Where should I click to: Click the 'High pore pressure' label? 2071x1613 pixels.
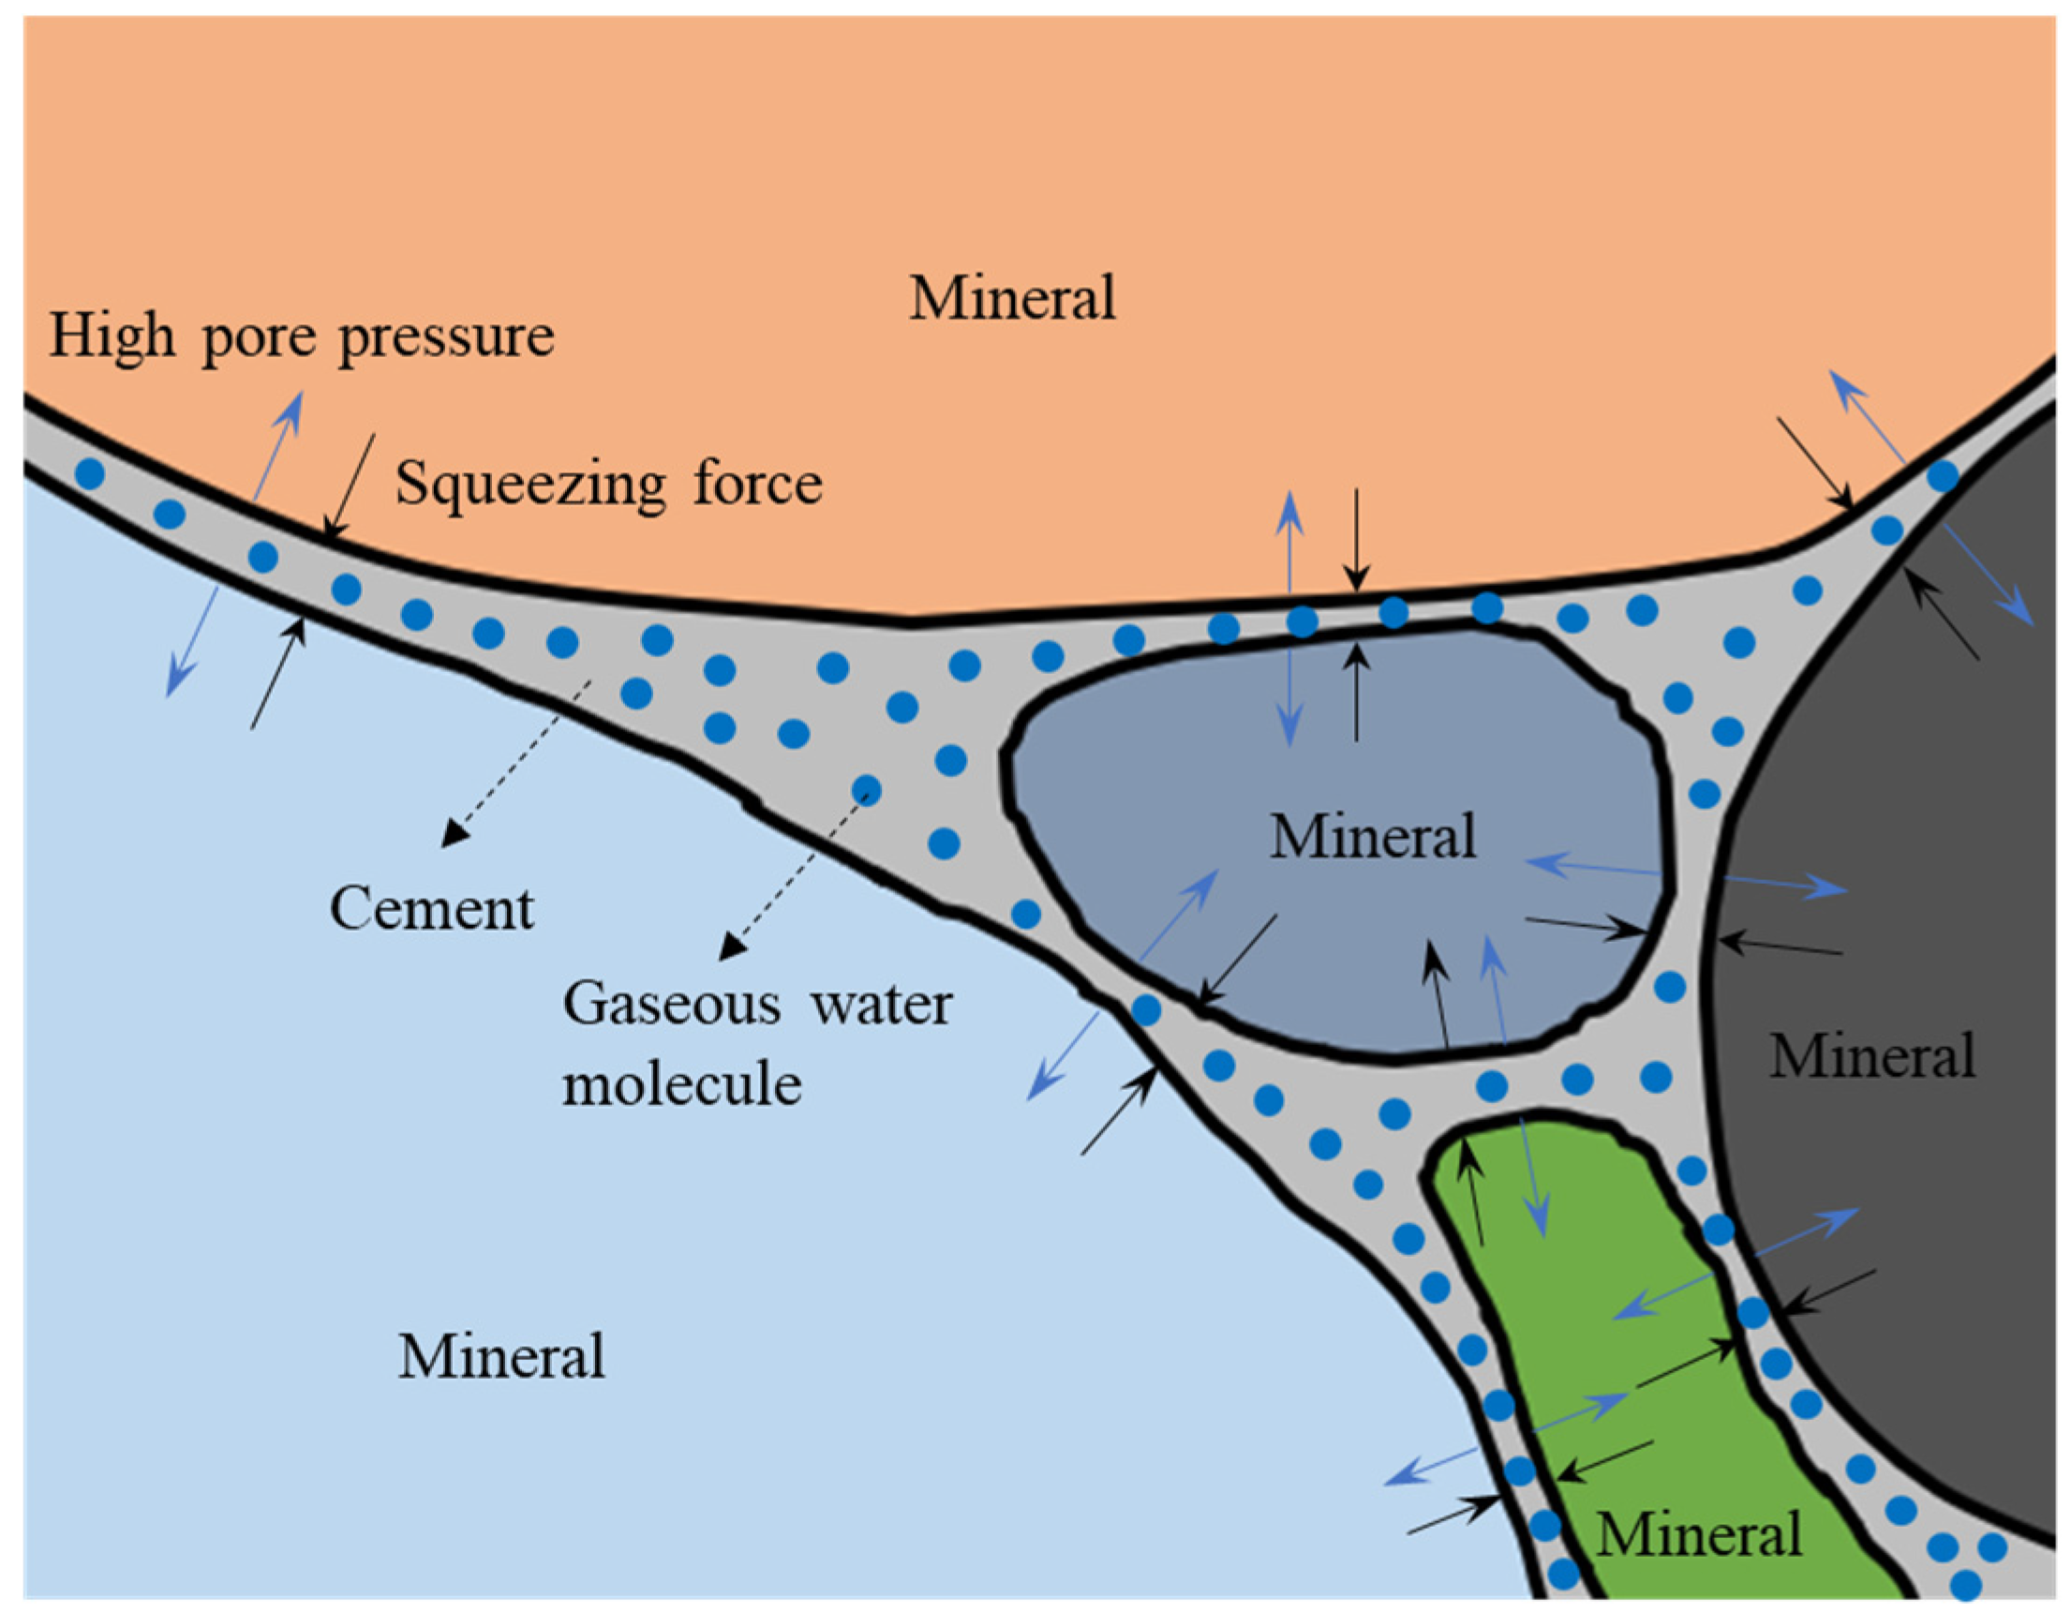point(302,336)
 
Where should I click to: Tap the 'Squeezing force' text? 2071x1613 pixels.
point(608,484)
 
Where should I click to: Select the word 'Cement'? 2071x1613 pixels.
point(431,908)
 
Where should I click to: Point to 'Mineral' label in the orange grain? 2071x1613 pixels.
point(1012,298)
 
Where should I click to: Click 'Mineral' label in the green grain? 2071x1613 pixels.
point(1698,1534)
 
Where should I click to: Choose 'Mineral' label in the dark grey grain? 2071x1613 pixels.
point(1872,1055)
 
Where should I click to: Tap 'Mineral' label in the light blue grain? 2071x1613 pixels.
point(500,1356)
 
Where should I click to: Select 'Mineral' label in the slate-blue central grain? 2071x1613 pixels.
point(1372,836)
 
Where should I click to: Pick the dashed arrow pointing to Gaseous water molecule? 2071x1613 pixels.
point(795,874)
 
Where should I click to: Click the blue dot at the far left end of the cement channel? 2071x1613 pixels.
point(89,473)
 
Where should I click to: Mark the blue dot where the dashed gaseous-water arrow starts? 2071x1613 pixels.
point(866,789)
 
